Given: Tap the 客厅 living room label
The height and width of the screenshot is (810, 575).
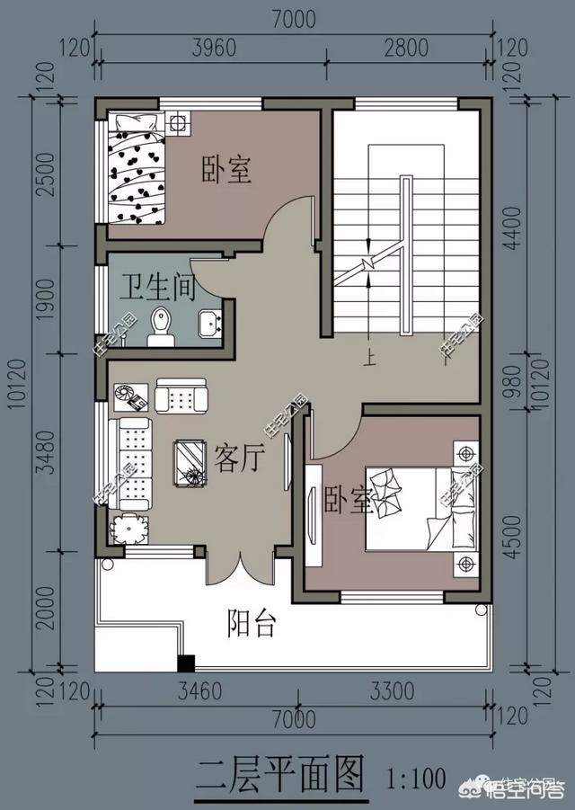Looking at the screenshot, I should click(x=239, y=458).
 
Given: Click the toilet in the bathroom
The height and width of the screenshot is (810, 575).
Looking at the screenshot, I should click(x=162, y=325).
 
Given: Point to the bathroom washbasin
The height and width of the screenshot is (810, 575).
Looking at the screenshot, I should click(x=211, y=324).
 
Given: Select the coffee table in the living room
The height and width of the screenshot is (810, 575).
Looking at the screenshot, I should click(x=190, y=464).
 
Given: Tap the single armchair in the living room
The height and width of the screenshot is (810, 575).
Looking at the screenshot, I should click(x=181, y=396).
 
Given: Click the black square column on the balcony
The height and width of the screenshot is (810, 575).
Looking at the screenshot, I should click(x=186, y=665).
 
